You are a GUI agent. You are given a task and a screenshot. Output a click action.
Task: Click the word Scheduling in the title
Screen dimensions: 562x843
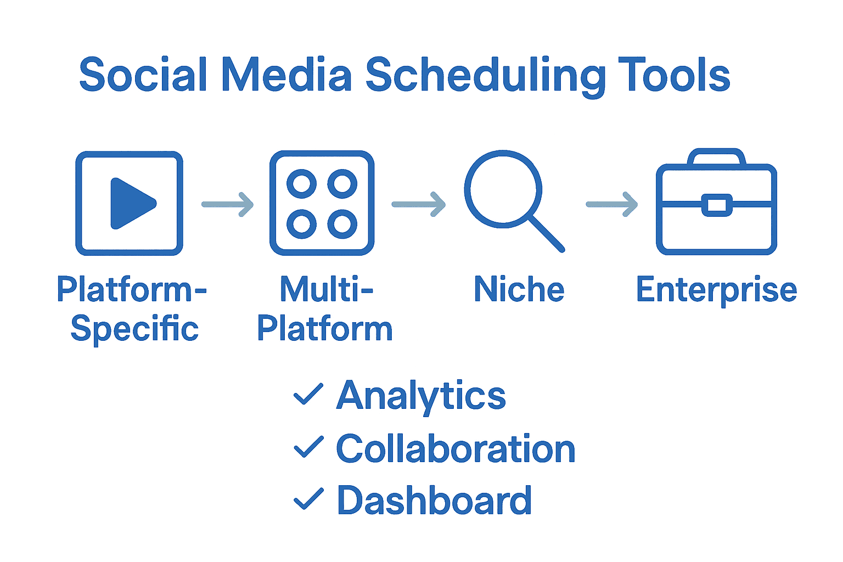pos(485,76)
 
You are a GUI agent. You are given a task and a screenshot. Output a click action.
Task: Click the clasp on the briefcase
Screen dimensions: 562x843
pos(717,205)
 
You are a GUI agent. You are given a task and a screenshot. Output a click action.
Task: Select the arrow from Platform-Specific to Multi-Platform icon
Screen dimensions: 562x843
pos(228,204)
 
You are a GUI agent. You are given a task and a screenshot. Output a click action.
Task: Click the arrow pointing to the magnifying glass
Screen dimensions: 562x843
pos(419,204)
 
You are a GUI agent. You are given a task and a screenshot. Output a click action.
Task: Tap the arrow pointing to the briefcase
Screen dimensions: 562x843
pos(612,204)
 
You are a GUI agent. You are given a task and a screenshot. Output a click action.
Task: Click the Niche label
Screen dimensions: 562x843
pos(519,289)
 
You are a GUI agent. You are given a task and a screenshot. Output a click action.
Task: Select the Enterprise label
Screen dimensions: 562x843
pos(716,290)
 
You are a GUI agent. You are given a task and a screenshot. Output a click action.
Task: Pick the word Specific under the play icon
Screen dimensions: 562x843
pos(134,329)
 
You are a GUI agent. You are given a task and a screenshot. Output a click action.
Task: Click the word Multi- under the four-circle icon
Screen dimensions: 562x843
pos(326,289)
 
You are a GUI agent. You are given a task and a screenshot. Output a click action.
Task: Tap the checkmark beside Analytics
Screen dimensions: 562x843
pos(308,395)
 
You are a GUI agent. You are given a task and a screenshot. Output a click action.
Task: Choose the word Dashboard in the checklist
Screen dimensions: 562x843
pos(434,500)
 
